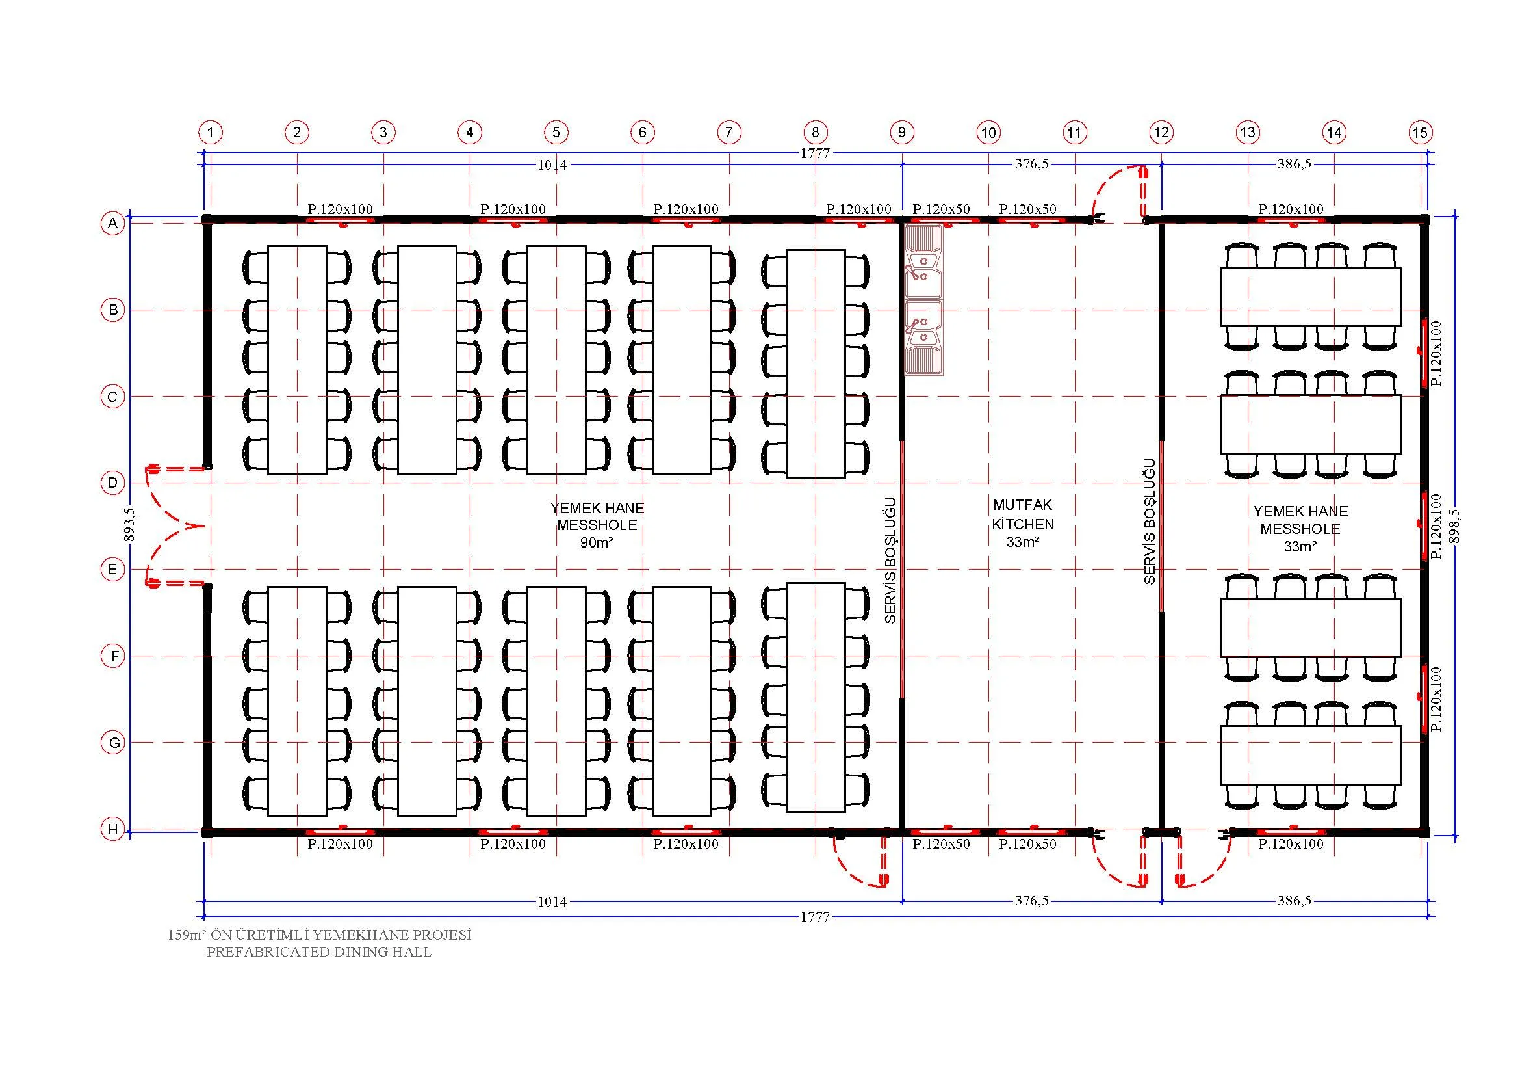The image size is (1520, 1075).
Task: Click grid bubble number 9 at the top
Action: click(x=902, y=133)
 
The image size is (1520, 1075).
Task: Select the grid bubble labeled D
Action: click(x=113, y=482)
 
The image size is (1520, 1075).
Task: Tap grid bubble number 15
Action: click(x=1420, y=133)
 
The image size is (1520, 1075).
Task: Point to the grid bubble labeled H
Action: click(x=113, y=829)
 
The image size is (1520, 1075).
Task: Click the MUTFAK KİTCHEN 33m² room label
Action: click(x=1023, y=524)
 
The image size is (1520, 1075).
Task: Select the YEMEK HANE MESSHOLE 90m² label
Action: click(x=597, y=525)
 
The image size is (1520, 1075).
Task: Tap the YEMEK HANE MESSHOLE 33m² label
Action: click(x=1300, y=529)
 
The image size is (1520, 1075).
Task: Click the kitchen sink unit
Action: click(x=923, y=300)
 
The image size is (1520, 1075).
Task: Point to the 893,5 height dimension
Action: click(x=131, y=524)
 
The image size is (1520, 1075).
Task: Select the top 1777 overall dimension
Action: click(x=815, y=153)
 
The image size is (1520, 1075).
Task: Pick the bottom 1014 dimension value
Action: click(x=552, y=901)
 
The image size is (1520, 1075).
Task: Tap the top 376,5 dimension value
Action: click(x=1031, y=164)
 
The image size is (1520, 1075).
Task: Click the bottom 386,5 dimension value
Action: click(x=1295, y=901)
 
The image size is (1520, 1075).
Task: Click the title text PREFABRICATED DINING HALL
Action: click(x=319, y=953)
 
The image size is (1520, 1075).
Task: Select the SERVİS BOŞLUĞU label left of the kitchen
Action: click(x=890, y=561)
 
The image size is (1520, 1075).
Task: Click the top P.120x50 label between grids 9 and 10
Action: click(x=942, y=209)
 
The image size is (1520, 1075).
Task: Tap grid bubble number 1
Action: click(x=211, y=133)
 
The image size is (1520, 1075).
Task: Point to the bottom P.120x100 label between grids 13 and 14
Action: click(x=1291, y=845)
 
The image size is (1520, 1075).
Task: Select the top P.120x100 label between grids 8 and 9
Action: click(x=858, y=209)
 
